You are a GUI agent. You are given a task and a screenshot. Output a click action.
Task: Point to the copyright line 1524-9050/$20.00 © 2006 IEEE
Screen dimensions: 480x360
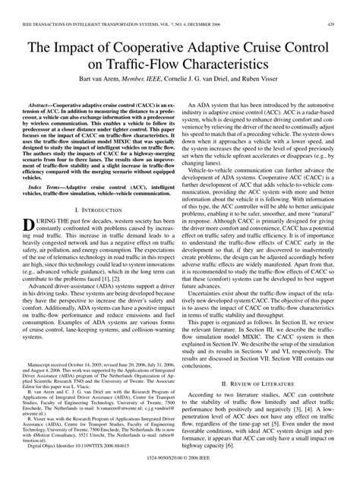[x=179, y=469]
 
